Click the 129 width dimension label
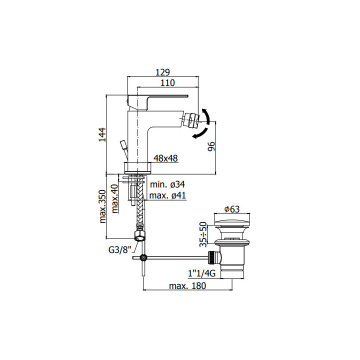click(162, 72)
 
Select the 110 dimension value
click(167, 82)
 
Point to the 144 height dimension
click(102, 135)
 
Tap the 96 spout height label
click(211, 146)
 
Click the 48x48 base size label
click(165, 158)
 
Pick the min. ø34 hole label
click(167, 184)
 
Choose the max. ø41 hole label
click(167, 195)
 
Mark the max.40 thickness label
click(114, 198)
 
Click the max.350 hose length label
click(102, 206)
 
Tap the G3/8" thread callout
click(119, 249)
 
